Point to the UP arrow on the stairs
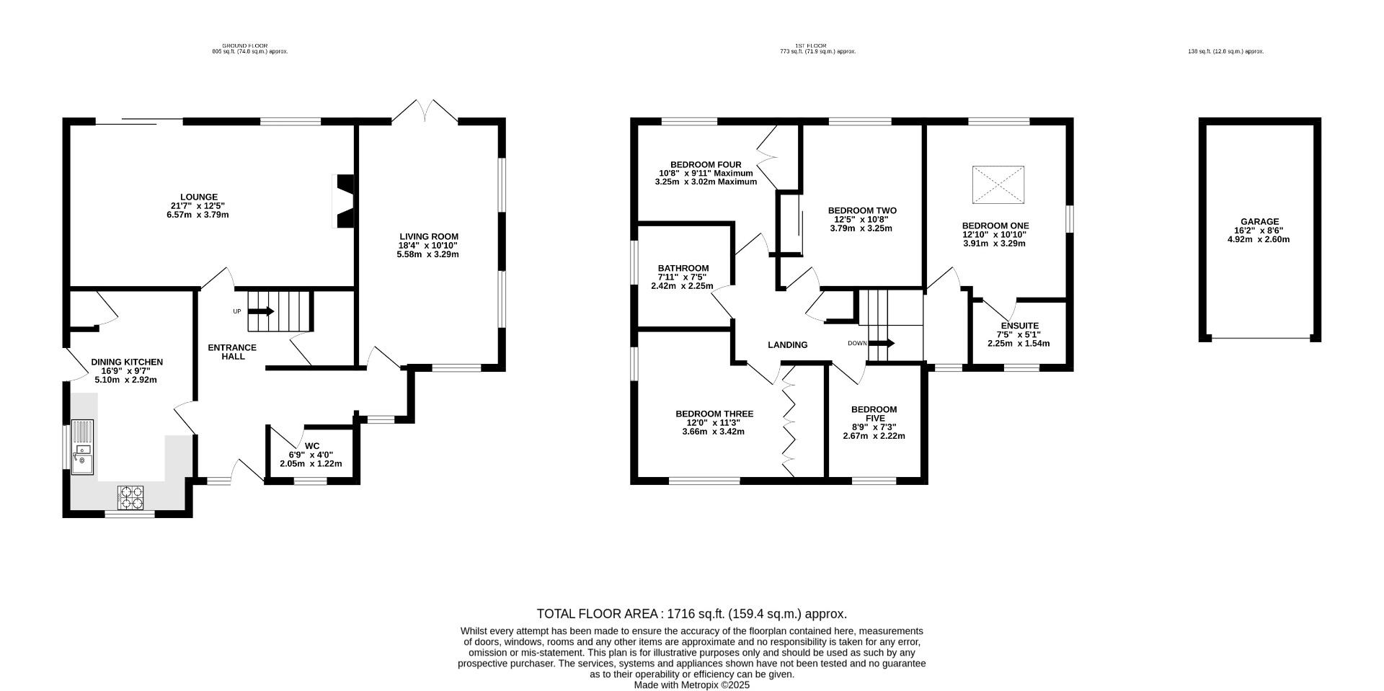pyautogui.click(x=261, y=311)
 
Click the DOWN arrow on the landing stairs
pyautogui.click(x=881, y=343)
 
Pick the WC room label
pyautogui.click(x=311, y=445)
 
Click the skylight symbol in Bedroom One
pyautogui.click(x=998, y=184)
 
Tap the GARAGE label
pyautogui.click(x=1259, y=222)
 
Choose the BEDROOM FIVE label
pyautogui.click(x=874, y=414)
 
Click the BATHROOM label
pyautogui.click(x=683, y=268)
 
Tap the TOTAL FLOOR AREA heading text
pyautogui.click(x=598, y=614)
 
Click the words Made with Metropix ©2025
pyautogui.click(x=692, y=685)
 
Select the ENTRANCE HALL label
pyautogui.click(x=232, y=352)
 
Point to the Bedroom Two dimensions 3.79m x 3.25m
pyautogui.click(x=861, y=228)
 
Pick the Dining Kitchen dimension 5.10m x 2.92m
pyautogui.click(x=126, y=380)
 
